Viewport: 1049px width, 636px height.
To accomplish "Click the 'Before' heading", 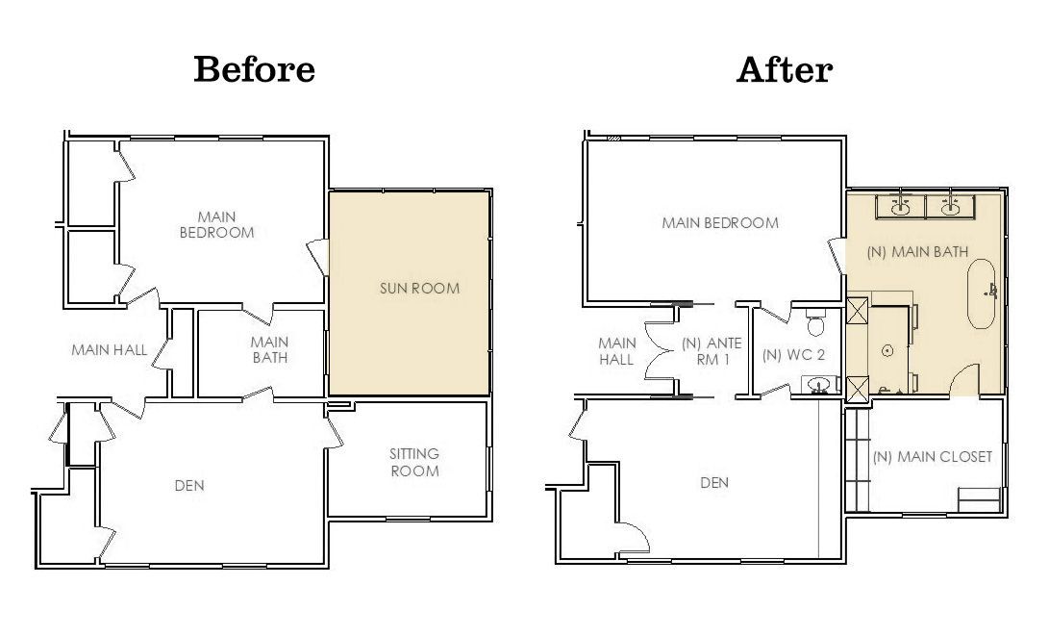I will pos(254,69).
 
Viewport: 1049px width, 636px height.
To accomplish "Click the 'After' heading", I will pos(784,69).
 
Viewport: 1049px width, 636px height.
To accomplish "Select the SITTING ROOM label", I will pos(414,462).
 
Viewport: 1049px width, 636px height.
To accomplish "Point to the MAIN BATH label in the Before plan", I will pos(269,349).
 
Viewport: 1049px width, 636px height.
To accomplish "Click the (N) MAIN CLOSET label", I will pos(932,456).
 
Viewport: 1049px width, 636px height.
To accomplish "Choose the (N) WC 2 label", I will pos(793,354).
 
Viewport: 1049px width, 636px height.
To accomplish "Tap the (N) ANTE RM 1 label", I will pos(712,350).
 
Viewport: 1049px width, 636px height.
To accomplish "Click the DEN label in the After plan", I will pos(714,482).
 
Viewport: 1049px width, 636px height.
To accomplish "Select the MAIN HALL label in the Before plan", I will pos(110,350).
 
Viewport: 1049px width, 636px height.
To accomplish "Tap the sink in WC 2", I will pos(819,386).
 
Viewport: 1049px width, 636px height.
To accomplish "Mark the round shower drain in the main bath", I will pos(888,351).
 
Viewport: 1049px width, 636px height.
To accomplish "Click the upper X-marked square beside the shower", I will pos(856,313).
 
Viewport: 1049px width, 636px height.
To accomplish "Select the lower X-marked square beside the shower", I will pos(856,387).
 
